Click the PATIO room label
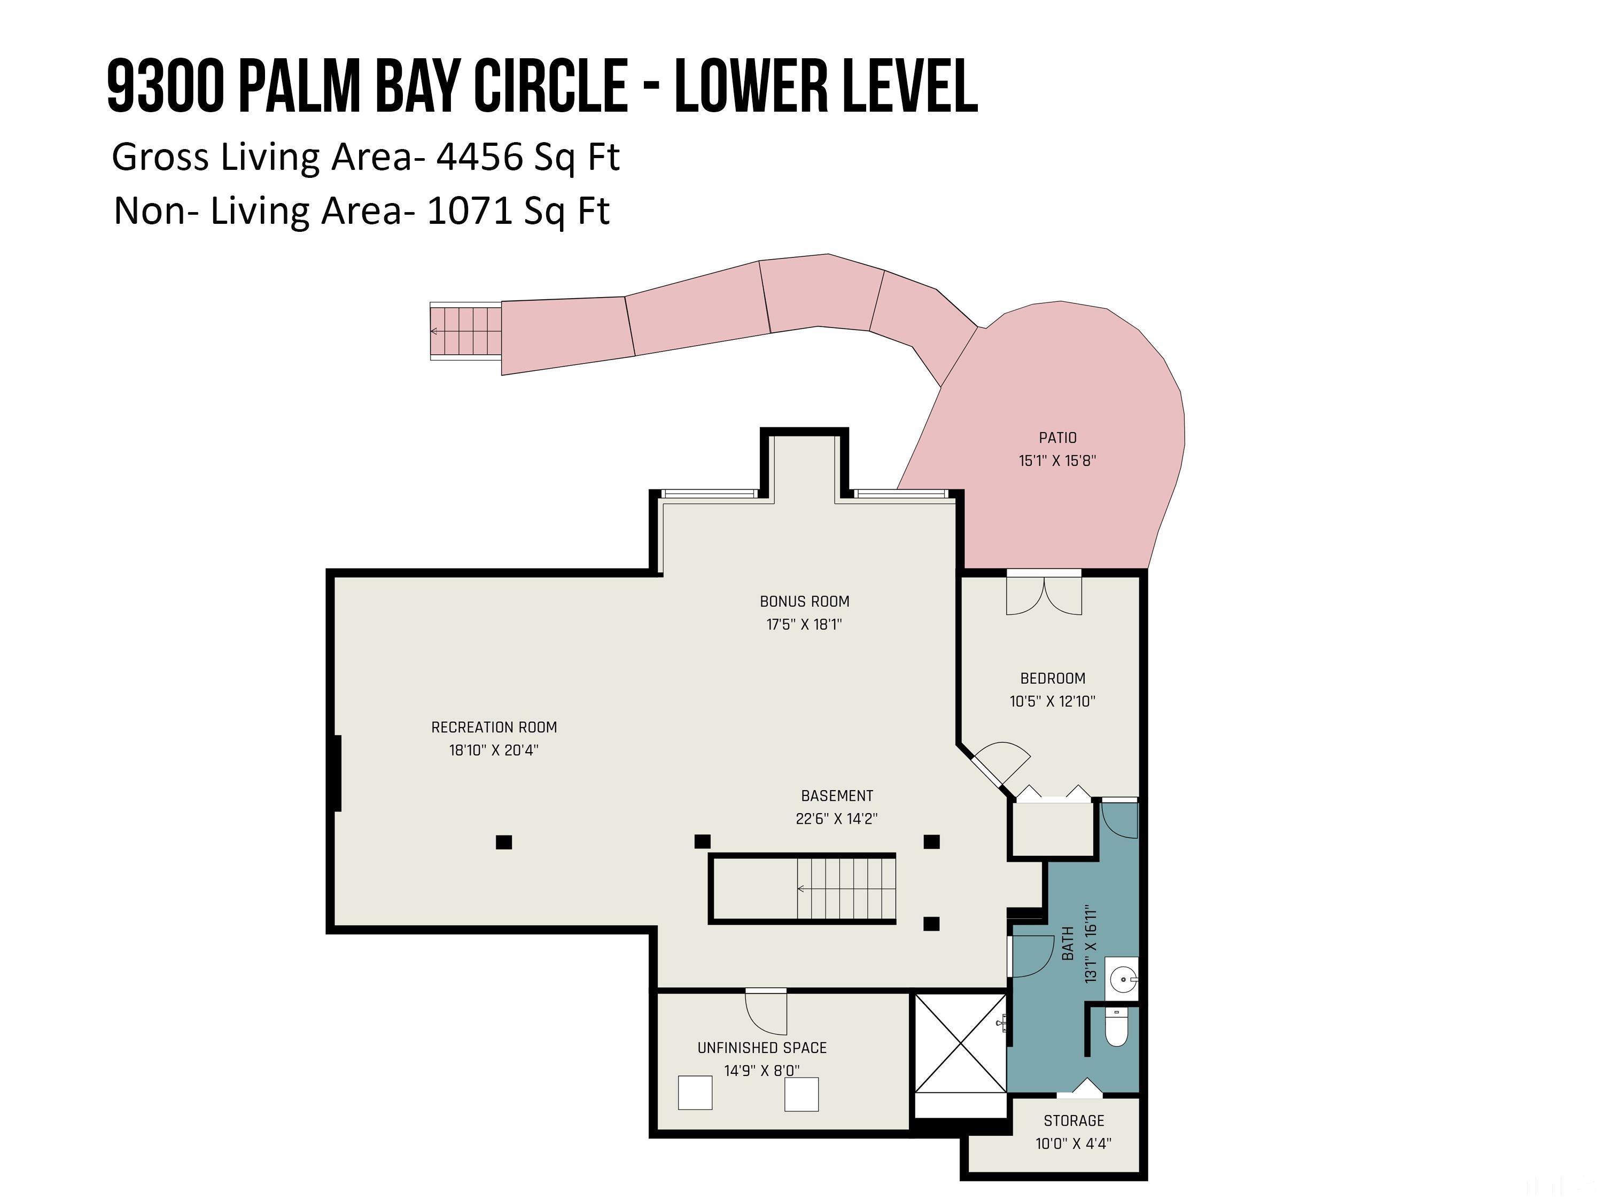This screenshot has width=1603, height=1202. [x=1057, y=438]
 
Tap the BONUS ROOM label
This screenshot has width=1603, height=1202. [x=804, y=602]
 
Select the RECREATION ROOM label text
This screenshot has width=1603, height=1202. [x=494, y=728]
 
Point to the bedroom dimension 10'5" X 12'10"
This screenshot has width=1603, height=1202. [x=1052, y=701]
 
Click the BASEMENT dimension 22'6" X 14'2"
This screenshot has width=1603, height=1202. [x=836, y=819]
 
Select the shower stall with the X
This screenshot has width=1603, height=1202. [x=961, y=1043]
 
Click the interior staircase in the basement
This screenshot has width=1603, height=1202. [x=846, y=888]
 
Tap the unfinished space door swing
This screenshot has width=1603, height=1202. [x=766, y=1012]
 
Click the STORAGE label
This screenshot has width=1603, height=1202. [x=1074, y=1121]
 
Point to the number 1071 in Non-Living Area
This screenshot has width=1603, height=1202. [x=471, y=212]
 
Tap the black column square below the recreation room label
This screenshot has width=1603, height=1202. [x=504, y=842]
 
